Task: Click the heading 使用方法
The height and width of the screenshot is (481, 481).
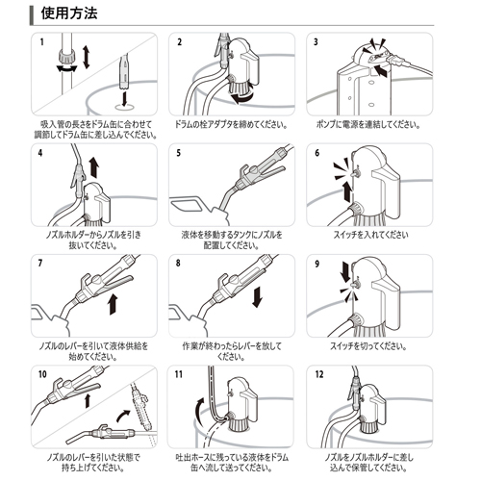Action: click(x=69, y=13)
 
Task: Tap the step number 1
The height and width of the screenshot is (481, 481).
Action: click(x=41, y=42)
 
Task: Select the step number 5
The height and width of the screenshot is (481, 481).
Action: click(x=179, y=153)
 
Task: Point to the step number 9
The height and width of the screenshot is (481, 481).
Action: click(x=317, y=264)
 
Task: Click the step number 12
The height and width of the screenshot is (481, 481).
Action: click(x=319, y=374)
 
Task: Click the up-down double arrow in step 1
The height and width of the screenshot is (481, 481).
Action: click(x=86, y=57)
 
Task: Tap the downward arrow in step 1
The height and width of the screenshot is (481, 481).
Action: click(x=124, y=98)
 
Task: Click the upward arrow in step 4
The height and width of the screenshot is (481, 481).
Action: click(x=94, y=167)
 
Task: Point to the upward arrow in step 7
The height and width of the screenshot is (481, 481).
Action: click(x=113, y=304)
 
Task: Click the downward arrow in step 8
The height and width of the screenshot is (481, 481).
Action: click(x=257, y=297)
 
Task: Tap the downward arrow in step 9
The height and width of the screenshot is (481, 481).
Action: click(x=345, y=272)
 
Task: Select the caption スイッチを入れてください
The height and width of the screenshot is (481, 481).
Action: click(x=370, y=235)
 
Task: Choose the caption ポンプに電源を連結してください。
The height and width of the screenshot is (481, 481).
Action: click(x=368, y=124)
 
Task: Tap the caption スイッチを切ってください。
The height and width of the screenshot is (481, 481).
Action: click(x=368, y=346)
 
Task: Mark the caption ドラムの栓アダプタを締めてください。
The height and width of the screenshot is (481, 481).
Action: click(x=231, y=124)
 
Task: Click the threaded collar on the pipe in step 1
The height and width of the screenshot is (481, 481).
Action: click(x=67, y=57)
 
